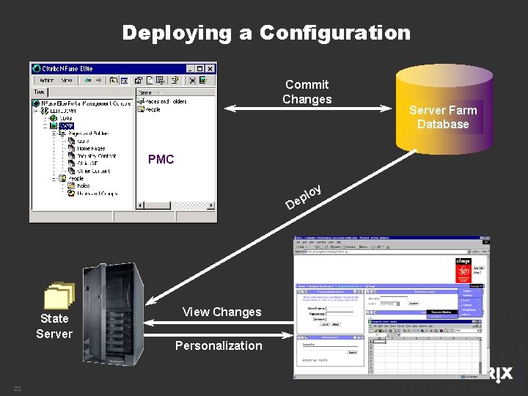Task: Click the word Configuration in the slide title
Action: (334, 33)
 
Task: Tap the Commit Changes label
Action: (307, 92)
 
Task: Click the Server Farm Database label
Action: (443, 117)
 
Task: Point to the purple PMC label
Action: (161, 159)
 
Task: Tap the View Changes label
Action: (221, 312)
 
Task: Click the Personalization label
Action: (219, 345)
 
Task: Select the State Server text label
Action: (54, 326)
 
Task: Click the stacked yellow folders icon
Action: (59, 296)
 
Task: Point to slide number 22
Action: (16, 389)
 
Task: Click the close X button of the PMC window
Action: (210, 69)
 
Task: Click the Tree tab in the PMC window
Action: (39, 92)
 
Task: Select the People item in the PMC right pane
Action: (152, 109)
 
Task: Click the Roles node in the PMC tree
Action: (83, 186)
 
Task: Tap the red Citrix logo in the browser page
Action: (463, 271)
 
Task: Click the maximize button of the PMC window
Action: (200, 69)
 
